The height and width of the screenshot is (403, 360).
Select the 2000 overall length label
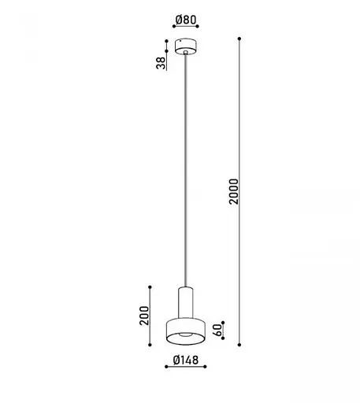pos(232,190)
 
